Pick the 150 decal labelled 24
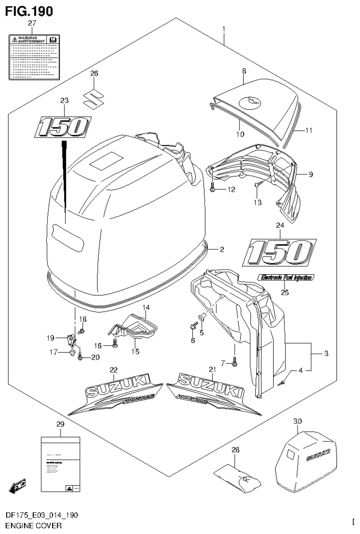point(279,252)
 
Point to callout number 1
point(224,30)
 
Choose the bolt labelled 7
point(235,362)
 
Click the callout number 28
point(235,450)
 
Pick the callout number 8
point(244,70)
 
